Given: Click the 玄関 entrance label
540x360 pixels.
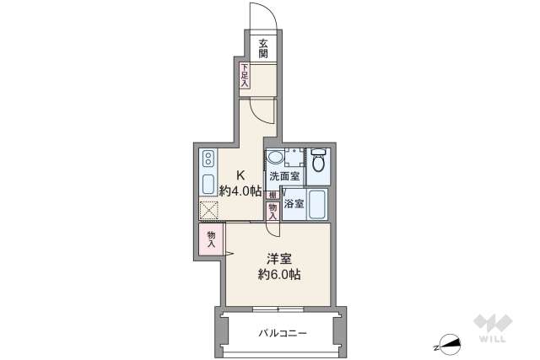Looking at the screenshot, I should tap(263, 48).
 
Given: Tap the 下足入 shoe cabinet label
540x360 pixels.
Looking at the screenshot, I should tap(244, 75).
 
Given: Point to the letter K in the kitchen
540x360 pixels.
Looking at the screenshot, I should tap(240, 176).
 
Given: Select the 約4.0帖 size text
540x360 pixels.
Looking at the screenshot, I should tap(240, 191).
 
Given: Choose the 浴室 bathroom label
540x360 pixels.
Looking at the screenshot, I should tap(294, 204).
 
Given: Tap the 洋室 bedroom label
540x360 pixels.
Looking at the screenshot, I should tap(279, 257).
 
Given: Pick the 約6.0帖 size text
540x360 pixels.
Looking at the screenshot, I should tap(279, 274).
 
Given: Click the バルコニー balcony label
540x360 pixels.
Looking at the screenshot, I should tap(282, 333).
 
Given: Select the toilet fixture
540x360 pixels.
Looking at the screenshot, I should tap(318, 165).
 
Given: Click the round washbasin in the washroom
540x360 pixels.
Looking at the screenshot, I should tap(276, 159).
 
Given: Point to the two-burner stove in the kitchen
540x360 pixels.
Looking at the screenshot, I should tap(209, 159).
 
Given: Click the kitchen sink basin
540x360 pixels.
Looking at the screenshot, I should tap(209, 184).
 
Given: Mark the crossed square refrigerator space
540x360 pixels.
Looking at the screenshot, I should tap(209, 211).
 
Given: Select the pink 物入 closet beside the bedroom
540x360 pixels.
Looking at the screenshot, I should tap(211, 239).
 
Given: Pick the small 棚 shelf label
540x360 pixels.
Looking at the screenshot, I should tap(272, 195).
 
